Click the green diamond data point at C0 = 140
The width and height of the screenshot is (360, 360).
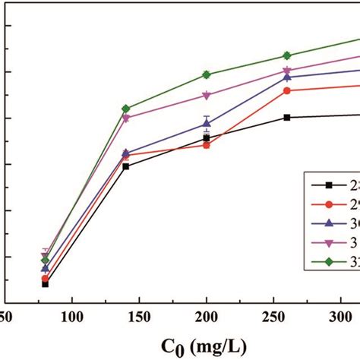126,109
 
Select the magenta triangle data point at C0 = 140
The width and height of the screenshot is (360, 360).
126,118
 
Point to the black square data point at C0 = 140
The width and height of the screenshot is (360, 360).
126,166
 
